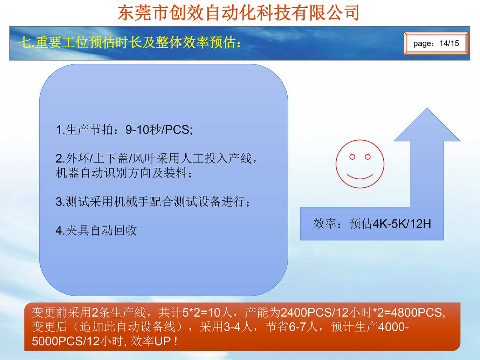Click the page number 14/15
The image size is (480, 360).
449,43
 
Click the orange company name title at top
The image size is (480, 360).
239,13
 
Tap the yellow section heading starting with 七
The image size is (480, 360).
129,42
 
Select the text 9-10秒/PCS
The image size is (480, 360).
158,130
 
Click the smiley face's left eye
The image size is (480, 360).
352,157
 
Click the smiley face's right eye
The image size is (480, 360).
368,157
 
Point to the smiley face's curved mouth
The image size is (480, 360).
360,177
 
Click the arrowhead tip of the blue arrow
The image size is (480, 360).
427,108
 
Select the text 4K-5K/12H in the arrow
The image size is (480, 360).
402,224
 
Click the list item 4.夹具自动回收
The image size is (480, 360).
96,230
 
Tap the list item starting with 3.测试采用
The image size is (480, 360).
152,201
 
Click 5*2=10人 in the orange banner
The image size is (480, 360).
207,312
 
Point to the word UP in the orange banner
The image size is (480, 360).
163,341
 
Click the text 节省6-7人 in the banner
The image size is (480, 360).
292,327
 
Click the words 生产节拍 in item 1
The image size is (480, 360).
89,130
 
